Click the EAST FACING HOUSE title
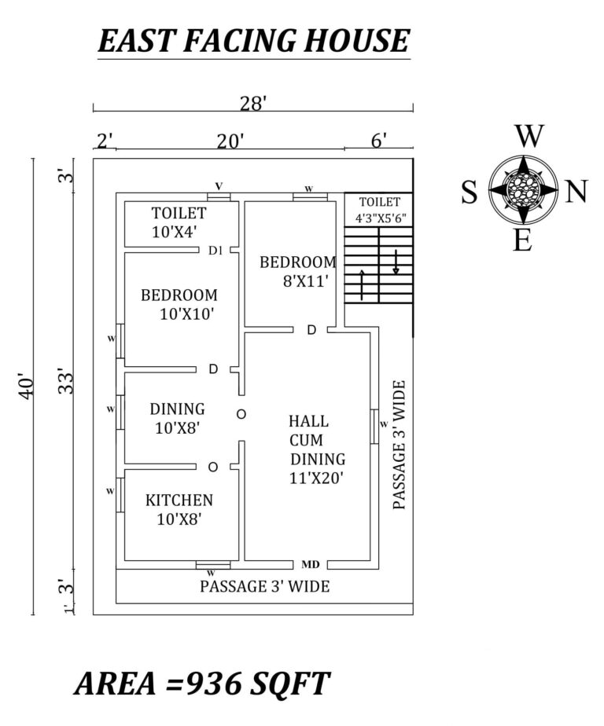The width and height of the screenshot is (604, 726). point(253,40)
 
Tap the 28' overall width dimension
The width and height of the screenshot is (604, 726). point(252,101)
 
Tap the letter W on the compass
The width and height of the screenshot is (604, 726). point(529,137)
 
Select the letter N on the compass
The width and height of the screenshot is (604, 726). point(576,192)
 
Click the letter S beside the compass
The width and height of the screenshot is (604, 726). point(469,192)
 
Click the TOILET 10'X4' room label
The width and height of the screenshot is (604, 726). point(179,222)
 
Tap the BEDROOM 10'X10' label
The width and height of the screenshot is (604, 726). point(179,304)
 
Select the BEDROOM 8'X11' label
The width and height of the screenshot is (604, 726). point(297,270)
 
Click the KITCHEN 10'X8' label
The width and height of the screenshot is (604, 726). point(179,509)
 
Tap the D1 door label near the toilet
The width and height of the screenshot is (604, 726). point(215,251)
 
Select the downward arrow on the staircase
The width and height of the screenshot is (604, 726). point(396,262)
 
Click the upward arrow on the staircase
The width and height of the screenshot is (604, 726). point(362,284)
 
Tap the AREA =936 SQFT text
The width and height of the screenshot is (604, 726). point(202,683)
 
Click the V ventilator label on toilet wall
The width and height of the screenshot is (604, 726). point(219,185)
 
